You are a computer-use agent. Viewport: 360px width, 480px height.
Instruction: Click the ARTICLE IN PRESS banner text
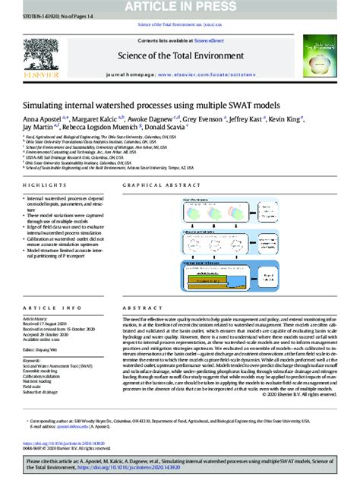(x=180, y=5)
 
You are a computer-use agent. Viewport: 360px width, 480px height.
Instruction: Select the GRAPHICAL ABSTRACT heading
(x=150, y=185)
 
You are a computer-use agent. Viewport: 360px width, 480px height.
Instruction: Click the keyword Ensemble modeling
(x=42, y=370)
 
